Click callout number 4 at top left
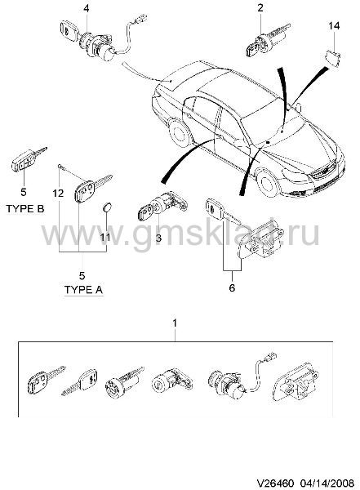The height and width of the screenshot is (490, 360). (87, 8)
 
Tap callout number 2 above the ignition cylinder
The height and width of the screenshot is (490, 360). (260, 7)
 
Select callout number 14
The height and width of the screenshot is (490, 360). (334, 25)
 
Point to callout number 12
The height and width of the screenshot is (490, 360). (58, 193)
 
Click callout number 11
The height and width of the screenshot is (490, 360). (105, 237)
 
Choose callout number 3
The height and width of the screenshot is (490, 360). (158, 238)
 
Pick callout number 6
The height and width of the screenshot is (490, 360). (232, 287)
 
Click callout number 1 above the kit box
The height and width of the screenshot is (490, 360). (175, 323)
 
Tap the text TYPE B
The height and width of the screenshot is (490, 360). (25, 208)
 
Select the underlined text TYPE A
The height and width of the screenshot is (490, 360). (84, 290)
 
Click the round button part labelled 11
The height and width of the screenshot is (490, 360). (108, 207)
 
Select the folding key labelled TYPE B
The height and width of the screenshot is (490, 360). (29, 160)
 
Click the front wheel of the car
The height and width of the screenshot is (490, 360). (267, 183)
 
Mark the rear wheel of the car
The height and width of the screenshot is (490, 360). (180, 133)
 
